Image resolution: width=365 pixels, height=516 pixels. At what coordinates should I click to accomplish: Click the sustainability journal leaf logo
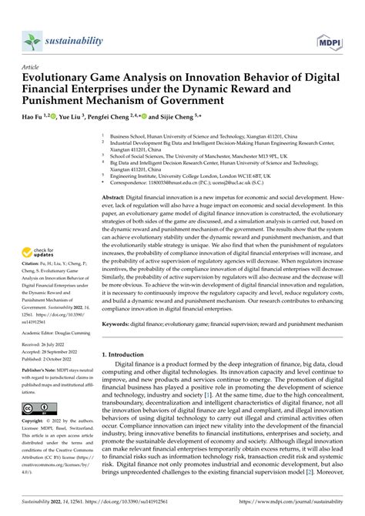[x=32, y=40]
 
